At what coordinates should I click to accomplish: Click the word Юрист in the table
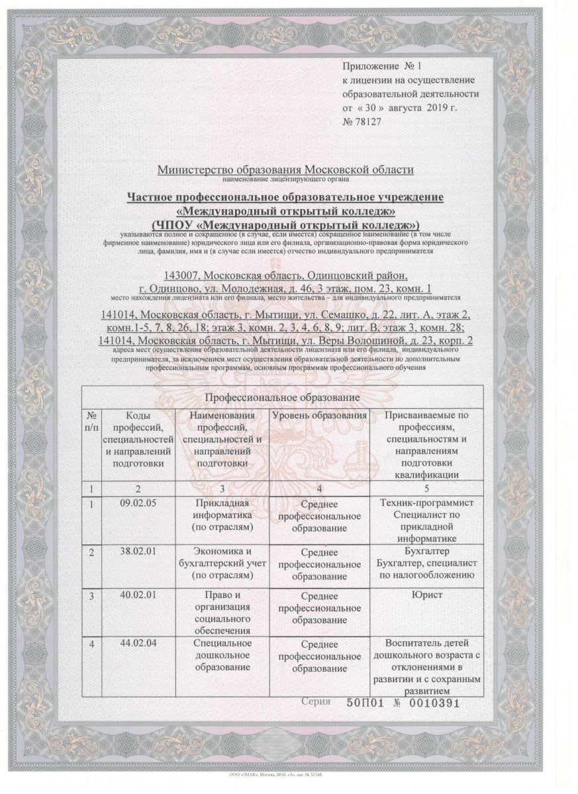[x=426, y=595]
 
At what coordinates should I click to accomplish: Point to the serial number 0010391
[x=429, y=703]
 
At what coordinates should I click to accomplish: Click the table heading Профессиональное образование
[x=282, y=398]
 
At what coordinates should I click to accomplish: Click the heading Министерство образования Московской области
[x=285, y=170]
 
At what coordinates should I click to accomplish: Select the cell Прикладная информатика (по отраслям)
[x=222, y=515]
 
